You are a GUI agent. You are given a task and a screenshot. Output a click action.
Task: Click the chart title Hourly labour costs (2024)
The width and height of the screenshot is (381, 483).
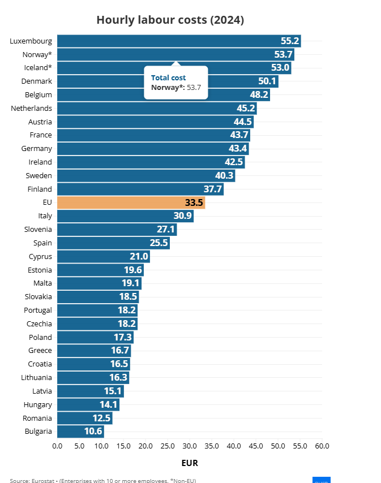[x=170, y=20]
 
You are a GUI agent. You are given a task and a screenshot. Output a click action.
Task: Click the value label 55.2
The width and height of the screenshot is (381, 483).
[x=289, y=41]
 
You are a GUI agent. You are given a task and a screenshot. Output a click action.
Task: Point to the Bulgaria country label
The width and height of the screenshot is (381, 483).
[x=38, y=432]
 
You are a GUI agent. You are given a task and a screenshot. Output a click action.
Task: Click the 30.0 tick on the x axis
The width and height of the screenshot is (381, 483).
[x=190, y=446]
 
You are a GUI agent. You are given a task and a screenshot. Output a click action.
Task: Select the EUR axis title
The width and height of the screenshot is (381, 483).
[x=190, y=463]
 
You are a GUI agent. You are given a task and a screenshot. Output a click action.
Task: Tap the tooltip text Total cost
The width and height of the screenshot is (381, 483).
[x=168, y=77]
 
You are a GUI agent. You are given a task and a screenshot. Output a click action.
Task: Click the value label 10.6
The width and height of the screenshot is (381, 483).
[x=93, y=432]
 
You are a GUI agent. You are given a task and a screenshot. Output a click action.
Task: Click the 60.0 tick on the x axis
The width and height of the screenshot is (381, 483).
[x=322, y=446]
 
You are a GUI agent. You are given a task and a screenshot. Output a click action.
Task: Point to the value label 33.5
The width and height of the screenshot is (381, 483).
[x=194, y=202]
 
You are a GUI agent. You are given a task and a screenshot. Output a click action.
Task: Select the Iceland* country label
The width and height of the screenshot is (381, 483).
[x=37, y=68]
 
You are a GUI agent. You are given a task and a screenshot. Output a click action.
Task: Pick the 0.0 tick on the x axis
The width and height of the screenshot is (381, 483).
[x=57, y=446]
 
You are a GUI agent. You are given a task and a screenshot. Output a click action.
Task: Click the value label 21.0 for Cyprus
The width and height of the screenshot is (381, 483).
[x=139, y=256]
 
